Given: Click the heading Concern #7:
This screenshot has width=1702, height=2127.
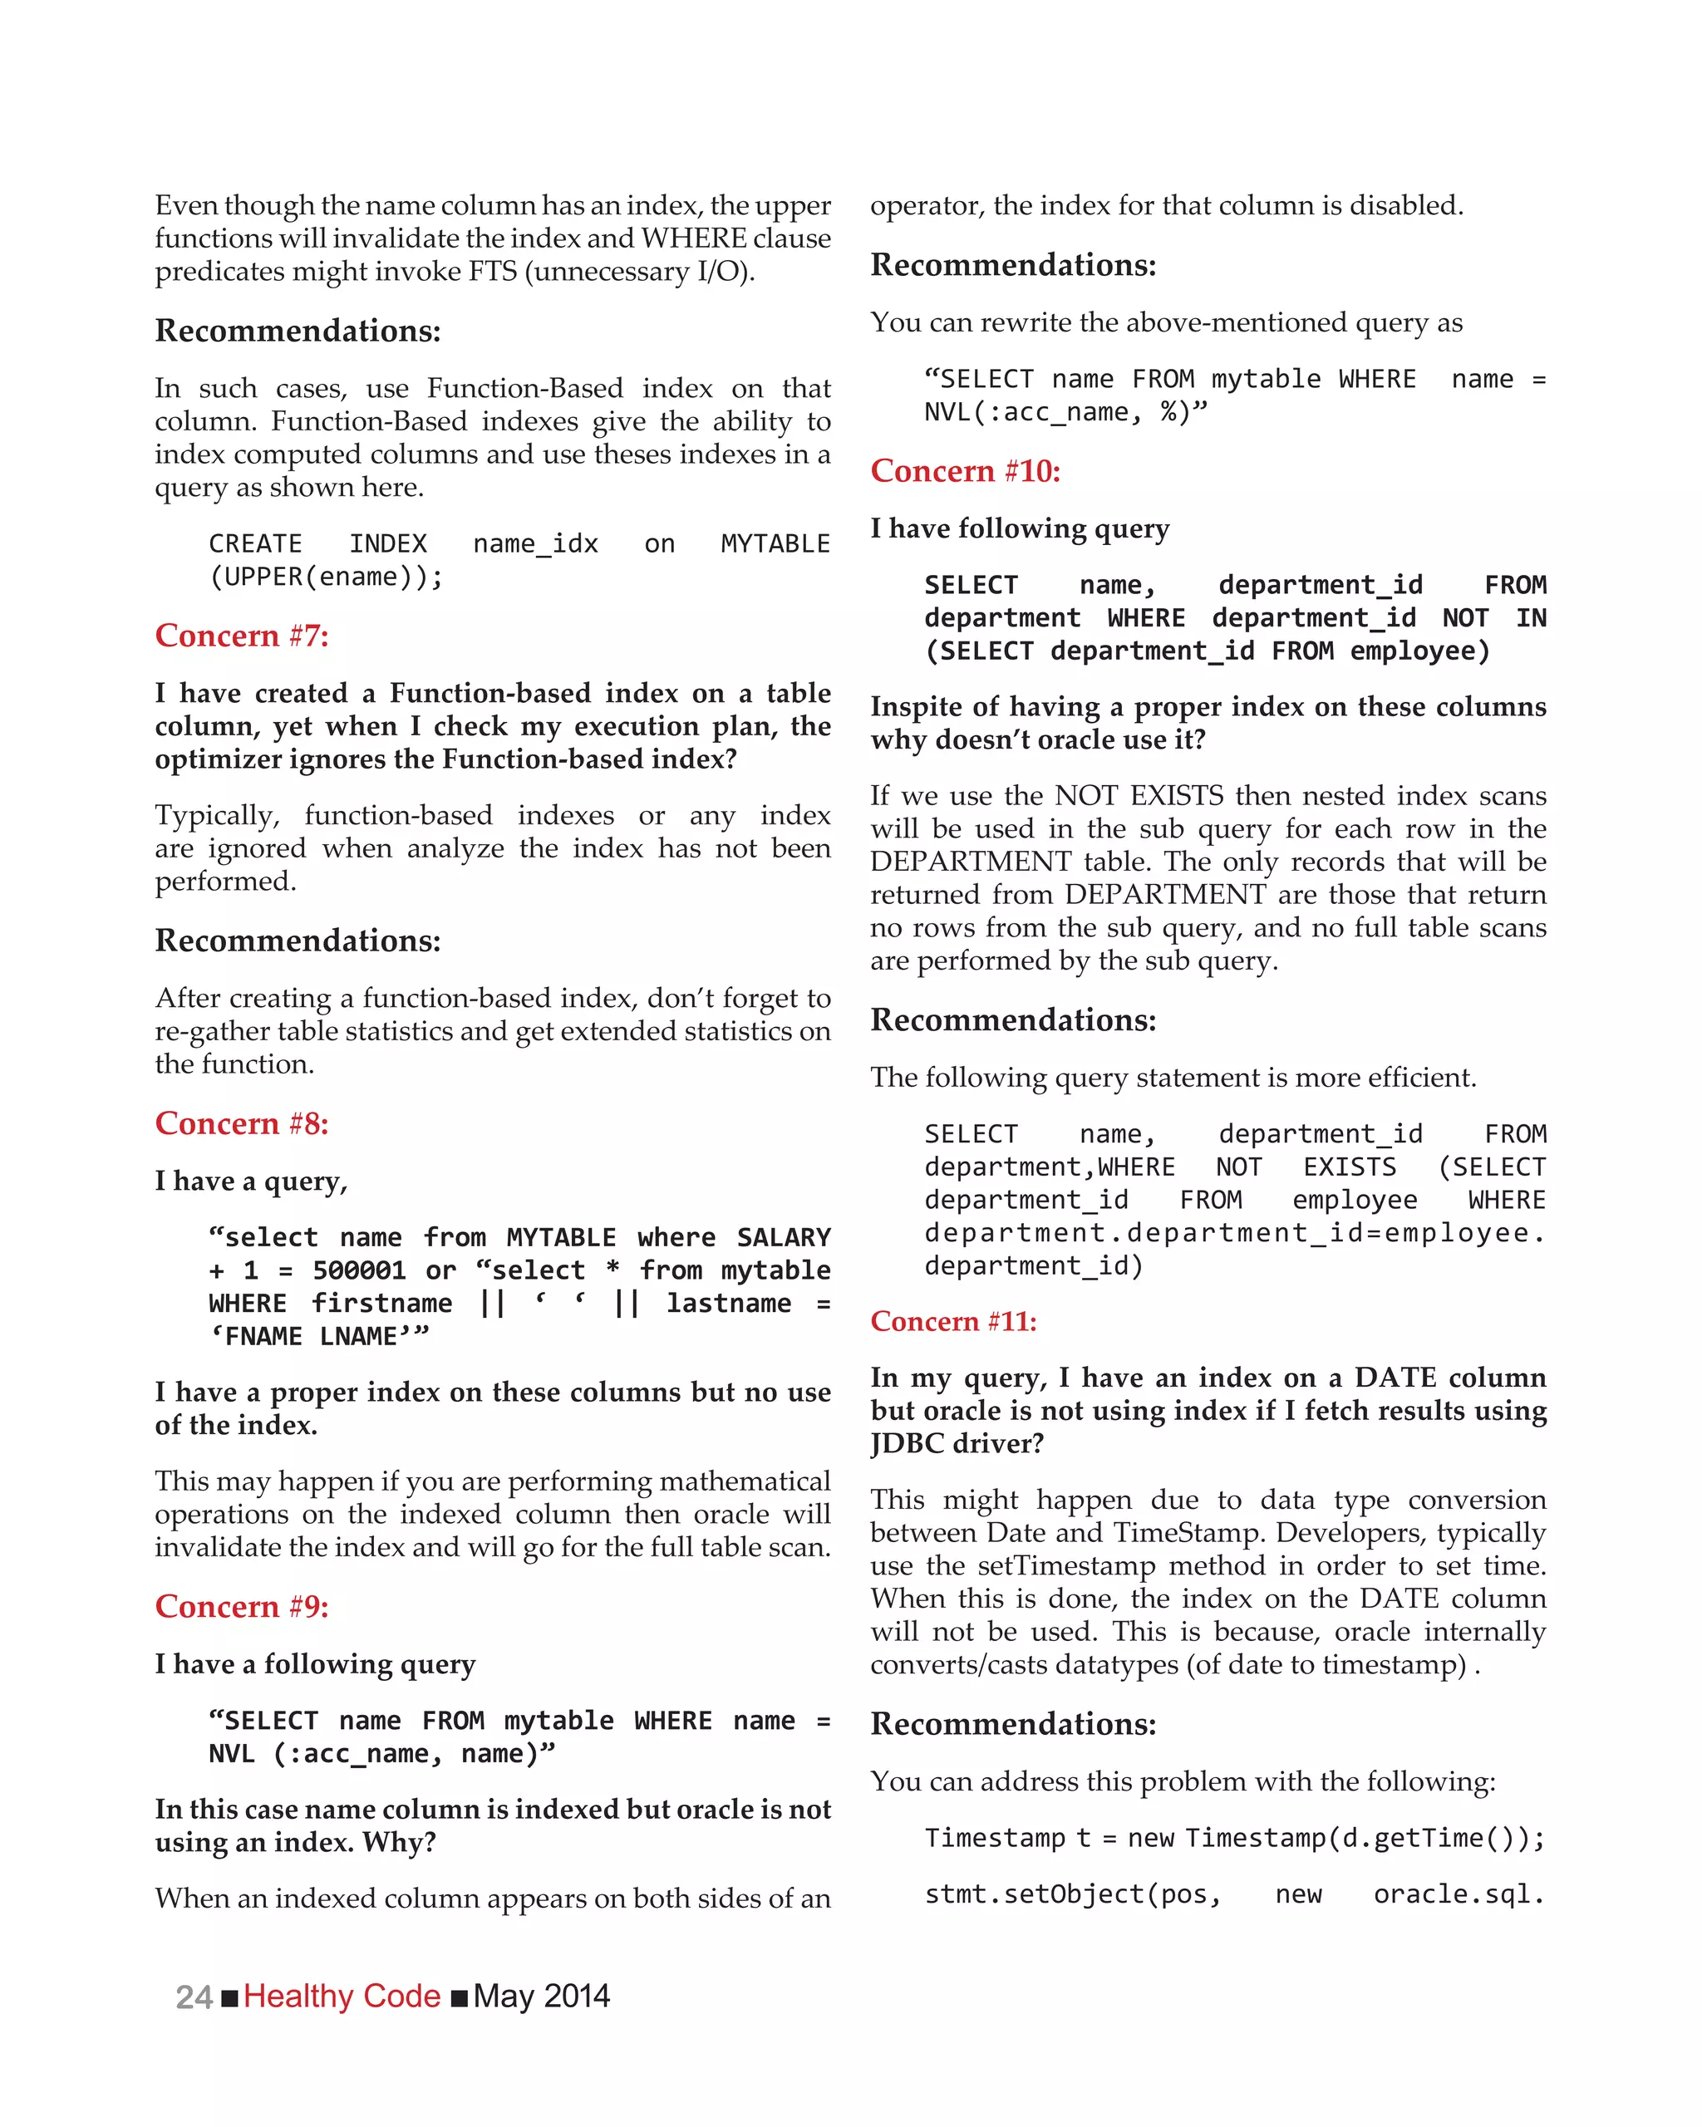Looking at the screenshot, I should tap(242, 636).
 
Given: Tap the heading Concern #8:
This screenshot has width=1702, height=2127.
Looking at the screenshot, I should tap(242, 1123).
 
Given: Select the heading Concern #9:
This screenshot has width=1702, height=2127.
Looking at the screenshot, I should tap(242, 1607).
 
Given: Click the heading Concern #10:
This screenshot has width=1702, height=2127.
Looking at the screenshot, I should tap(965, 472).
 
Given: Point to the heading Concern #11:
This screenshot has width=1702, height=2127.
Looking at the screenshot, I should tap(953, 1322).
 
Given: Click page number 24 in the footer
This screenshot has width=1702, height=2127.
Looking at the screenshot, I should tap(194, 1997).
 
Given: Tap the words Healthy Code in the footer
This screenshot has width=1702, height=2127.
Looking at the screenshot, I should tap(342, 1997).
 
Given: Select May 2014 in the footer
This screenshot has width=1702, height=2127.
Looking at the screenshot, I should tap(542, 1997).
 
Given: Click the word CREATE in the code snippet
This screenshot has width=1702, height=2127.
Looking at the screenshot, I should tap(255, 544).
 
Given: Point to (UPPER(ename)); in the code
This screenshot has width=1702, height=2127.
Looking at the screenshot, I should tap(326, 577).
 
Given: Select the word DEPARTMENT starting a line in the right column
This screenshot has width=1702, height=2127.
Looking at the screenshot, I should tap(971, 862).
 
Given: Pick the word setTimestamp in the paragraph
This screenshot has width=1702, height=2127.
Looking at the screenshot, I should tap(1066, 1565).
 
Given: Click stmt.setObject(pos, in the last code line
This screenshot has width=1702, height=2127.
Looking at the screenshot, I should tap(1073, 1895).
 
